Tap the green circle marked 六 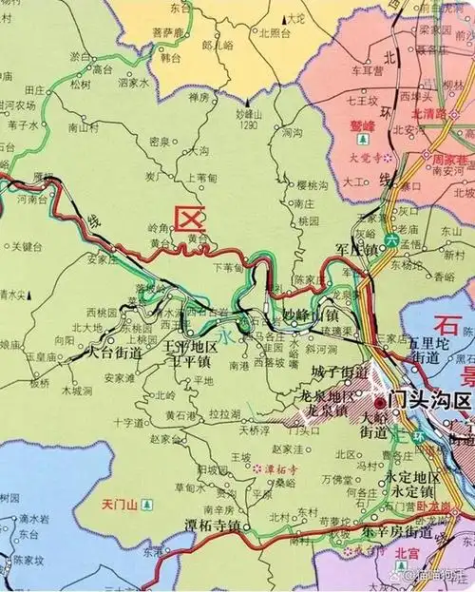393,241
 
